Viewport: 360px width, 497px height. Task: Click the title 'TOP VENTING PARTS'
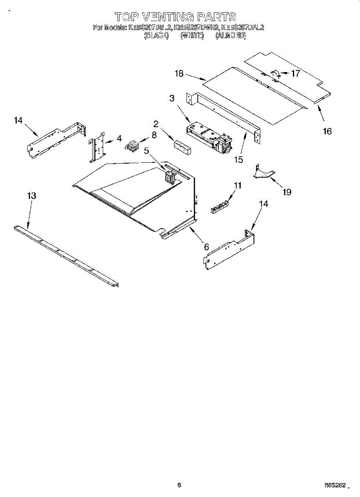pyautogui.click(x=176, y=17)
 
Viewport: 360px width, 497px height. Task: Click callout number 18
pyautogui.click(x=179, y=74)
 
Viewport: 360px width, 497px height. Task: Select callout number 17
pyautogui.click(x=295, y=74)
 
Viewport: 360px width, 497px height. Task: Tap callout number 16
pyautogui.click(x=327, y=131)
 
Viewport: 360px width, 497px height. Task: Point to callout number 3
pyautogui.click(x=172, y=99)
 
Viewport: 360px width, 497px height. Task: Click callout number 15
pyautogui.click(x=238, y=159)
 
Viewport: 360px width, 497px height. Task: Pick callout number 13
pyautogui.click(x=32, y=196)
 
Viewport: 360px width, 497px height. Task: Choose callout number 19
pyautogui.click(x=287, y=192)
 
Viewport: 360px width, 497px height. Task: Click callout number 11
pyautogui.click(x=237, y=186)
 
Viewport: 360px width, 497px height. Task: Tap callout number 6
pyautogui.click(x=206, y=246)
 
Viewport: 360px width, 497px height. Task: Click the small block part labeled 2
pyautogui.click(x=183, y=147)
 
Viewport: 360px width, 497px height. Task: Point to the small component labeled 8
pyautogui.click(x=132, y=146)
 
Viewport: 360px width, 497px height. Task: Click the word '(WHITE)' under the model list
pyautogui.click(x=192, y=36)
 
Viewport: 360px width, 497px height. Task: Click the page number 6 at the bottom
pyautogui.click(x=179, y=485)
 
